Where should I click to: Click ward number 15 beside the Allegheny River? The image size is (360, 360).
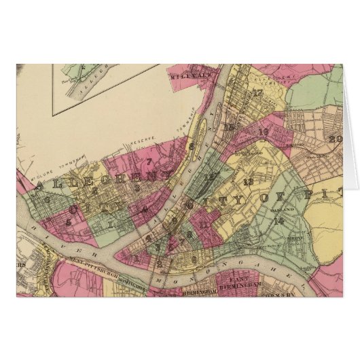coord(231,128)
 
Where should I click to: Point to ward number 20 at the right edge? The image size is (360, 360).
coord(334,141)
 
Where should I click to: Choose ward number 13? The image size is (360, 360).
coord(248,181)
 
